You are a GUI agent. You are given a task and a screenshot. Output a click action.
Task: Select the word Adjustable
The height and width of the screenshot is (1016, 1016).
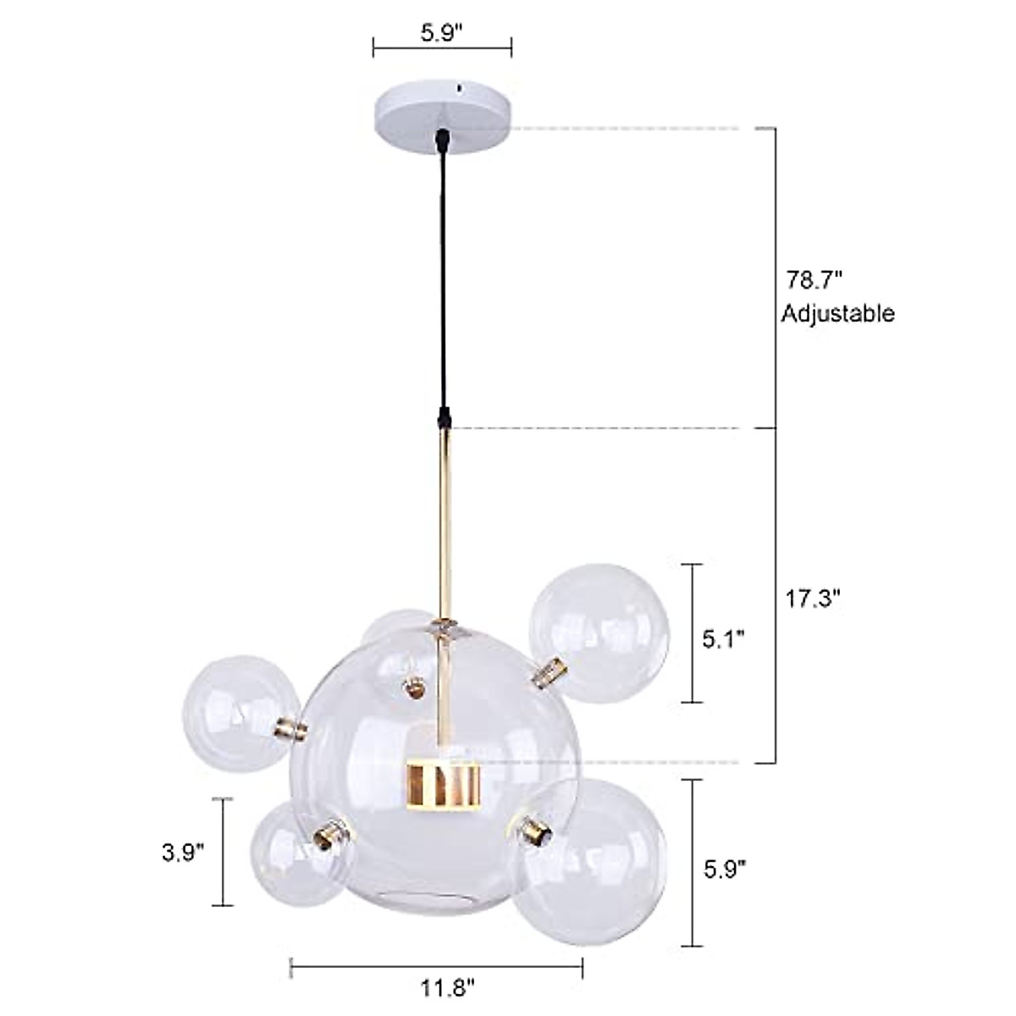tap(837, 314)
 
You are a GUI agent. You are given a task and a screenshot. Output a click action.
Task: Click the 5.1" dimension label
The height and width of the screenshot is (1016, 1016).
tap(724, 637)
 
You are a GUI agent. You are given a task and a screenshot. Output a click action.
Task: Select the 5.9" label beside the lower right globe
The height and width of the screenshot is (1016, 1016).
tap(724, 869)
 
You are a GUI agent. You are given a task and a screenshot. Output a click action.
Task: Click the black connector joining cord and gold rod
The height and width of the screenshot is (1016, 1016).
tap(444, 418)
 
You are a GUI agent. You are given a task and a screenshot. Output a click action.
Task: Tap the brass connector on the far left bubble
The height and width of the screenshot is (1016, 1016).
tap(289, 727)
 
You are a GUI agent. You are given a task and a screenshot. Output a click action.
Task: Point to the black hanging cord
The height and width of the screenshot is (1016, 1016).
tap(443, 279)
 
